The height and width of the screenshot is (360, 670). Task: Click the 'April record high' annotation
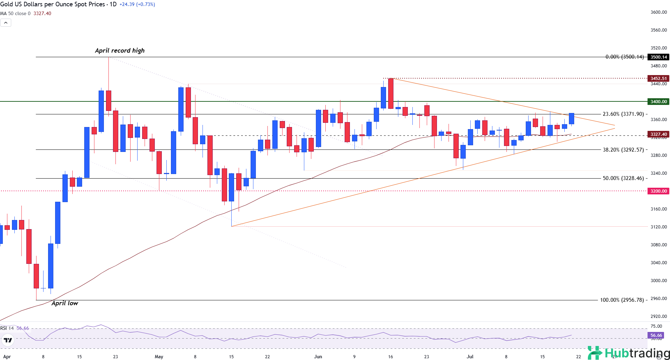coord(120,51)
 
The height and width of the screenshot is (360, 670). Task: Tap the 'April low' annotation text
coord(65,303)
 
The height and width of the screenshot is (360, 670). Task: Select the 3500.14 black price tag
coord(658,57)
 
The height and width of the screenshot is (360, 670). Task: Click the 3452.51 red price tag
coord(658,79)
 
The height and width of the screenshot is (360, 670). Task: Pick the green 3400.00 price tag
coord(658,102)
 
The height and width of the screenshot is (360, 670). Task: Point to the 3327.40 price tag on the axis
coord(658,134)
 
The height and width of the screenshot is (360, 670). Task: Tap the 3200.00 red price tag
coord(658,191)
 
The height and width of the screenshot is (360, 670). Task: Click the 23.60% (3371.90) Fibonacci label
coord(623,114)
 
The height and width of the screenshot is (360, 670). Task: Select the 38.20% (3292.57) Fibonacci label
coord(623,150)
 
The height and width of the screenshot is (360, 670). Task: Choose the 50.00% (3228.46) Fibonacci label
coord(623,178)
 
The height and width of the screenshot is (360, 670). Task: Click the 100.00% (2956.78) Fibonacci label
coord(622,300)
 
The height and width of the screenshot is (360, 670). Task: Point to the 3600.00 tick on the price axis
coord(658,12)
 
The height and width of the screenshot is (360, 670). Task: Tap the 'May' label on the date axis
coord(159,356)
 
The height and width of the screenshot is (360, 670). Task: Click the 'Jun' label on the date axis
coord(318,356)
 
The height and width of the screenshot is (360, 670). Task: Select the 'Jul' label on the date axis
coord(470,356)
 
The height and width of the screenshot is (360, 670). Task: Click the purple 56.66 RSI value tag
coord(656,335)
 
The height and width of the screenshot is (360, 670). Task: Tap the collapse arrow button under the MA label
coord(6,23)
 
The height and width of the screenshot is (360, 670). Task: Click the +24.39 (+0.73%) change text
coord(137,4)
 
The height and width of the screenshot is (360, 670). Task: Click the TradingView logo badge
coord(8,340)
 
